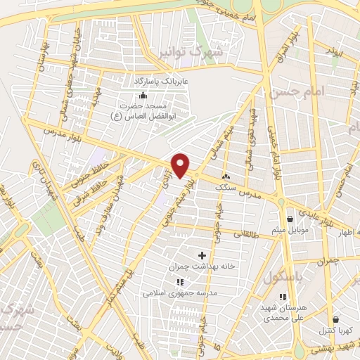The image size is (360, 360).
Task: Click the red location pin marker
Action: pyautogui.click(x=181, y=165)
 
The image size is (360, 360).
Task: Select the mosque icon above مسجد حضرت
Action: pyautogui.click(x=144, y=95)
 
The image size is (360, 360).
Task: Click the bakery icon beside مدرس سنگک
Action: pyautogui.click(x=226, y=176)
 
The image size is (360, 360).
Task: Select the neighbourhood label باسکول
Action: pyautogui.click(x=282, y=279)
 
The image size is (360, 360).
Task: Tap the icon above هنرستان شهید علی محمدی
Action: pyautogui.click(x=284, y=298)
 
